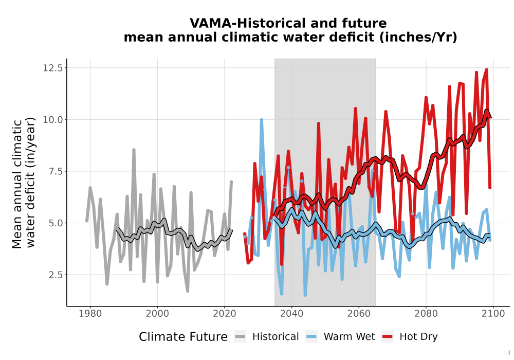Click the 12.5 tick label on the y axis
tap(52, 68)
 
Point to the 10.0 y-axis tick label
tap(52, 120)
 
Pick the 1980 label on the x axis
tap(90, 314)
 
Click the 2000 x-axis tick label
tap(157, 314)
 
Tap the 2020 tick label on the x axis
tap(225, 314)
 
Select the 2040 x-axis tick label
tap(292, 314)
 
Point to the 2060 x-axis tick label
tap(359, 314)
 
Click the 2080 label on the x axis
tap(426, 314)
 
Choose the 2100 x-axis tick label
tap(493, 314)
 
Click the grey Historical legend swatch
tap(240, 337)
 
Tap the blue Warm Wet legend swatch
tap(311, 337)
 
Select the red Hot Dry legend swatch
tap(388, 337)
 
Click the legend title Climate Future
tap(183, 337)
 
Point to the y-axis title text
tap(23, 183)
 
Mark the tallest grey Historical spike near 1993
tap(134, 150)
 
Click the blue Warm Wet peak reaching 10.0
tap(262, 120)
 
